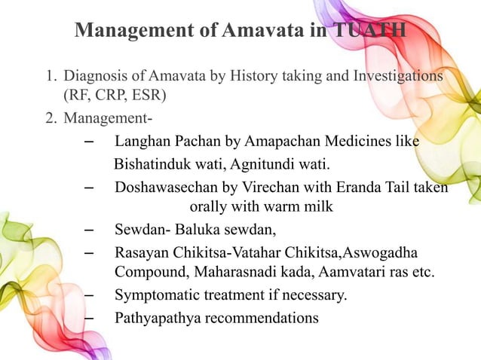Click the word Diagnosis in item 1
(95, 77)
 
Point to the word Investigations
(391, 77)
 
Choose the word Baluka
(201, 230)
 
